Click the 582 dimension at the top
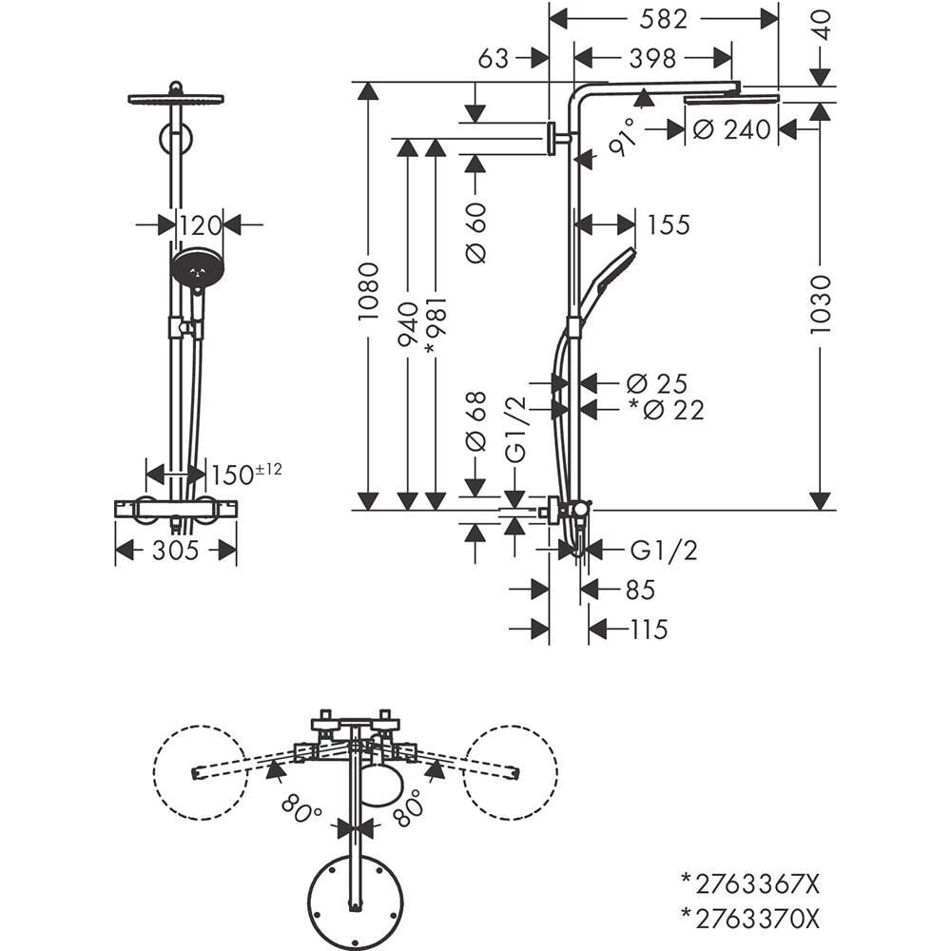664,18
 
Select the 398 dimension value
652,59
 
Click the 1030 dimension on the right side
820,303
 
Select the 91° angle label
623,143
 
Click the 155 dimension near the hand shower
668,225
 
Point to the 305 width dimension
175,550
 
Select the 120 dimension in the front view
200,225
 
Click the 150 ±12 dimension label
245,473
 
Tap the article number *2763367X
748,884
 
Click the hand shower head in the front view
197,269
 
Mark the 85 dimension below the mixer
640,590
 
